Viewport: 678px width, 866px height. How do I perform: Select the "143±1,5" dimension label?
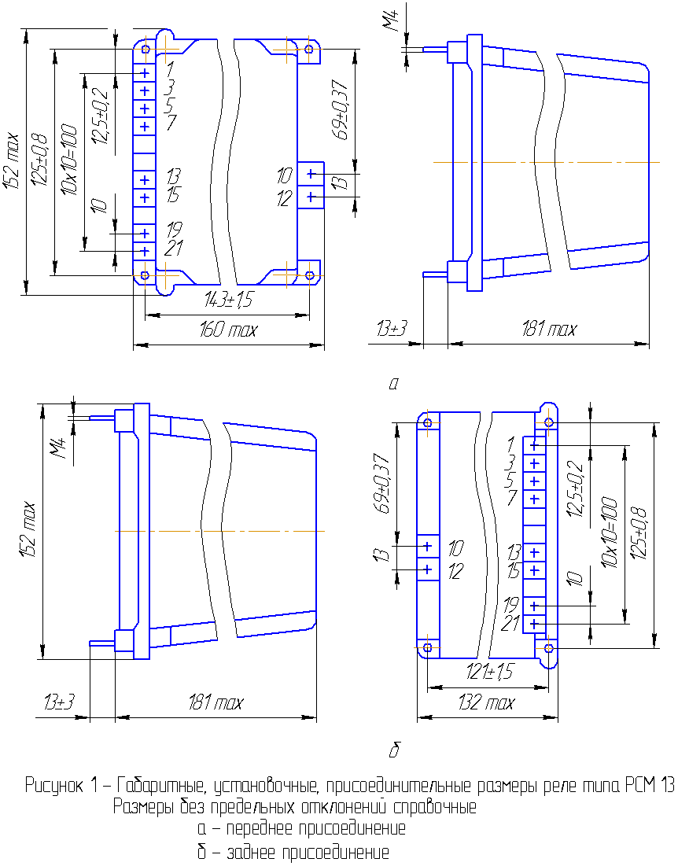point(228,300)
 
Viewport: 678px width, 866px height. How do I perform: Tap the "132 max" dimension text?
point(486,702)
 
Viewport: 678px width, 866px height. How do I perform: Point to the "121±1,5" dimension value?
point(489,673)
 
